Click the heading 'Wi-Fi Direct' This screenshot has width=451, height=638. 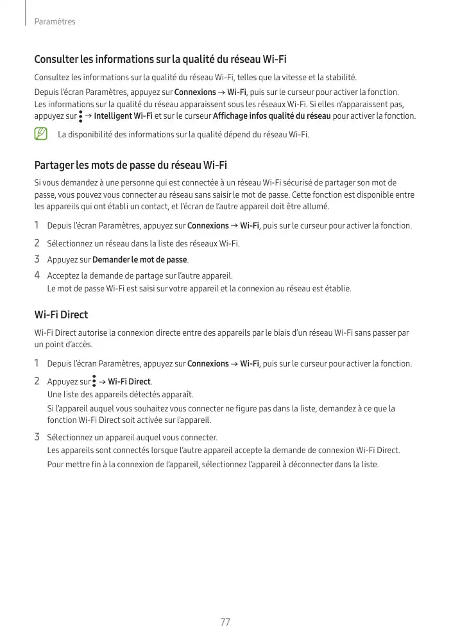(x=61, y=315)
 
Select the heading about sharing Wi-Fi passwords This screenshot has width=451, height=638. (x=130, y=165)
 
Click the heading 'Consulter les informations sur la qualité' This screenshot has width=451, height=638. (x=160, y=60)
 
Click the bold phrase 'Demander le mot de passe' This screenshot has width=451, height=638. (x=140, y=260)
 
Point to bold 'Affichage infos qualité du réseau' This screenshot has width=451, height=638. (x=272, y=116)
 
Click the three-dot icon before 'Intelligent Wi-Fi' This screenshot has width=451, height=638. (x=81, y=116)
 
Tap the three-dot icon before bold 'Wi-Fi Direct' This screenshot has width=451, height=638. (x=94, y=382)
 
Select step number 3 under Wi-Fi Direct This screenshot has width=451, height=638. (x=37, y=438)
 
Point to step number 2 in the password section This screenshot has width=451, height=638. (x=37, y=243)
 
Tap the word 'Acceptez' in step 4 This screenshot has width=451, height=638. (x=63, y=276)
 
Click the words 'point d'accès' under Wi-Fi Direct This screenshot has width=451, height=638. (x=64, y=344)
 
